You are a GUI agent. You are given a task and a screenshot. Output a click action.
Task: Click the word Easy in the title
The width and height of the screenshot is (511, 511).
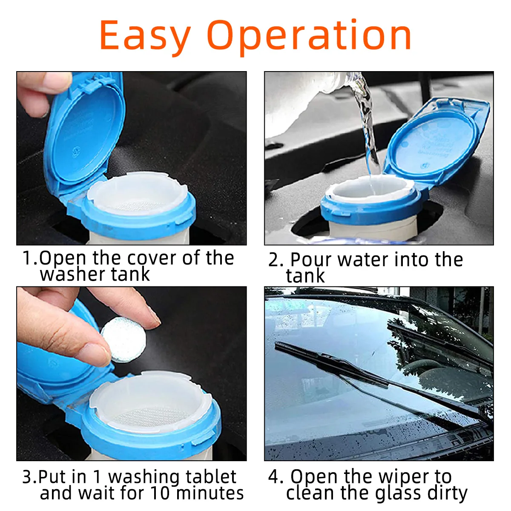[x=145, y=36]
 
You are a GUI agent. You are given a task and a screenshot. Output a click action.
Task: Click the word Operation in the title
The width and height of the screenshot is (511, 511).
[x=309, y=36]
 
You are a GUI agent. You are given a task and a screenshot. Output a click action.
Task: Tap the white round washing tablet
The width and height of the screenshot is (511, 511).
[x=123, y=341]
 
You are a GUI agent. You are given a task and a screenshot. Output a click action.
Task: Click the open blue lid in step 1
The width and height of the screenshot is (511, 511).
[x=85, y=132]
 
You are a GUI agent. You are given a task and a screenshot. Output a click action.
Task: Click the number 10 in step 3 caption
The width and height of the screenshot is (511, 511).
[x=161, y=493]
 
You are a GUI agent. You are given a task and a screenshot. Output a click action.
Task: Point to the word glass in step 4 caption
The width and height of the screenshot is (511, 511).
[x=398, y=493]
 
